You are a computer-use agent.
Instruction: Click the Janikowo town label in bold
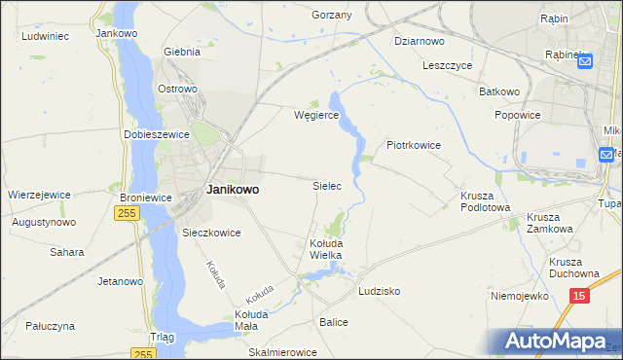tap(233, 190)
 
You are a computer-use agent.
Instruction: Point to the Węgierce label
tap(316, 115)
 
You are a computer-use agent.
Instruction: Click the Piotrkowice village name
tap(414, 145)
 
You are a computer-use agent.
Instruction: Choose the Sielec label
tap(326, 185)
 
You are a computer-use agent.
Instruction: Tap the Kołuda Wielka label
tap(325, 248)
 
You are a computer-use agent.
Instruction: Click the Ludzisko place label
tap(380, 291)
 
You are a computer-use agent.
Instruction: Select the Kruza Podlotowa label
tap(485, 200)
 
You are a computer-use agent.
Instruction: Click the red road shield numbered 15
tap(579, 294)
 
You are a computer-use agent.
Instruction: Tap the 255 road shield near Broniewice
tap(126, 213)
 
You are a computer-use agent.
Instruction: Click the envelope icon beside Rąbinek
tap(585, 61)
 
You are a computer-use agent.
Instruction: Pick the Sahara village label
tap(66, 252)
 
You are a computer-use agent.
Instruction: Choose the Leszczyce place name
tap(448, 66)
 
